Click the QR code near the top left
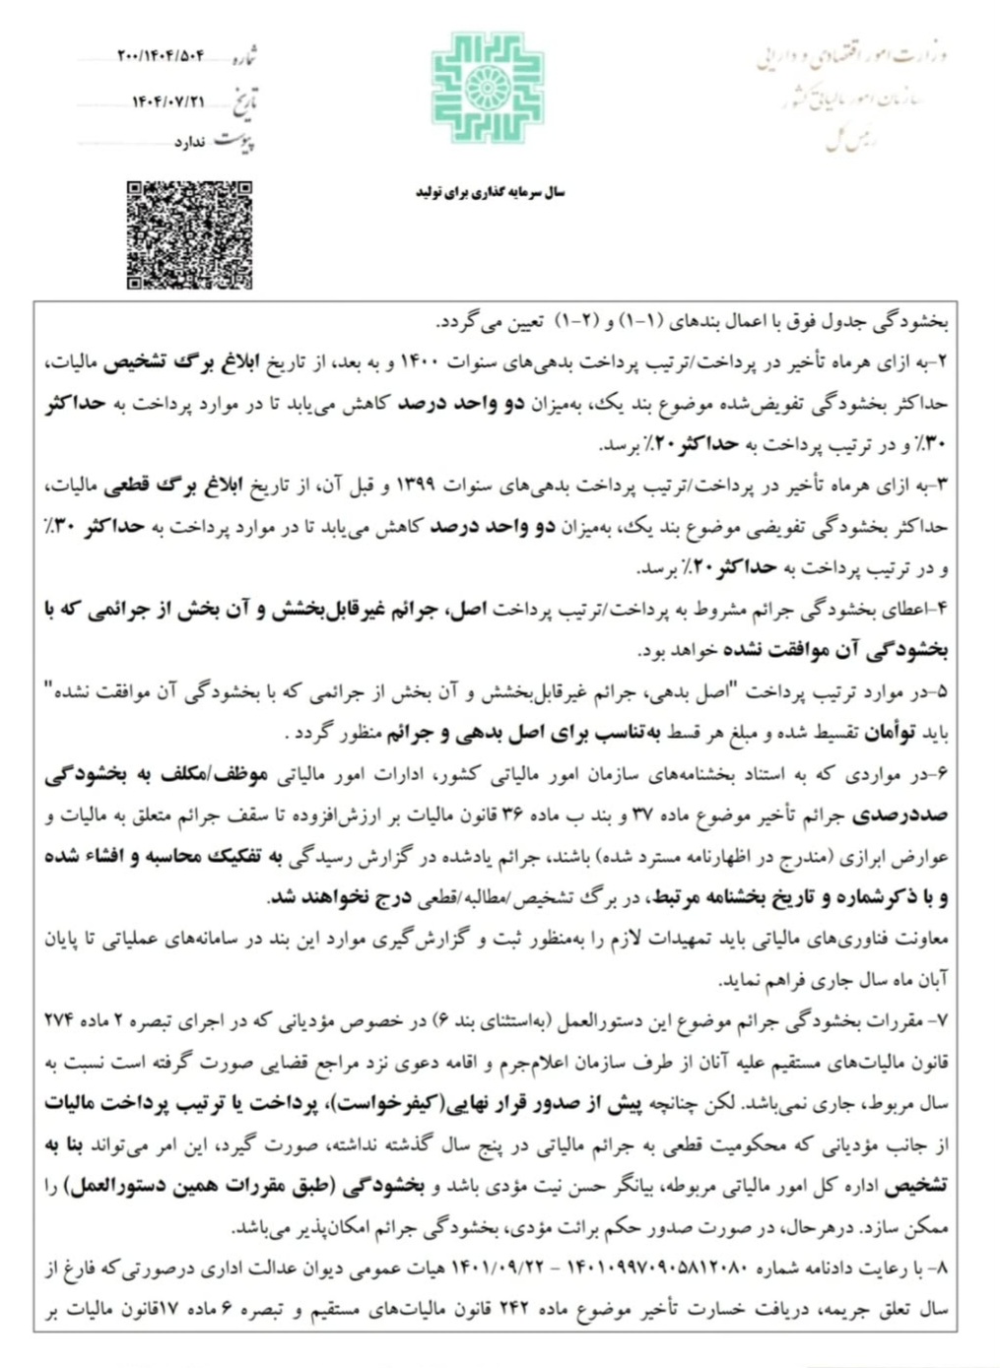pos(189,235)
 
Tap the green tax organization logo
pos(487,88)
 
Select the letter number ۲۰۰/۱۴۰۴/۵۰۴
pos(161,56)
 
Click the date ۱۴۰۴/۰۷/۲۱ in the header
pos(168,101)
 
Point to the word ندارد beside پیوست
pos(190,143)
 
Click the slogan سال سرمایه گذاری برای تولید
pos(490,193)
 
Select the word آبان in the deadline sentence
pos(932,981)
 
